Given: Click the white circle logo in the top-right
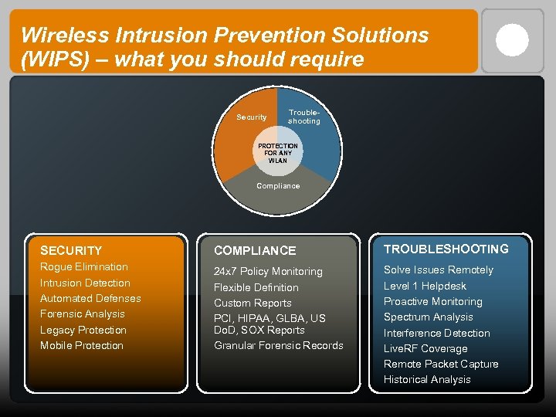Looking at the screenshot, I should click(x=512, y=40).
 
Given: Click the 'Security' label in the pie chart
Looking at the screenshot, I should click(x=251, y=117).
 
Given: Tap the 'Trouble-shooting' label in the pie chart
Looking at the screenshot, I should click(x=303, y=117).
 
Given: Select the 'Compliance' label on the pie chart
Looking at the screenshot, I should click(x=278, y=186).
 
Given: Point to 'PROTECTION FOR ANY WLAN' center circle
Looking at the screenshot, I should click(x=278, y=153).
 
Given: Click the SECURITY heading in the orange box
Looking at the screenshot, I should click(x=71, y=250).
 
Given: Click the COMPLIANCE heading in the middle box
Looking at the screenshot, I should click(x=255, y=250).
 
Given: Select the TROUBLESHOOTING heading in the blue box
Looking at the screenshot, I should click(x=446, y=249).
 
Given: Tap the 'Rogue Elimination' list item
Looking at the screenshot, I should click(x=84, y=267).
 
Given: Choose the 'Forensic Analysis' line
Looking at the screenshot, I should click(x=83, y=314).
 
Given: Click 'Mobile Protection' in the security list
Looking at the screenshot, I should click(x=82, y=346).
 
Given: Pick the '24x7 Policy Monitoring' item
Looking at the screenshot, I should click(x=268, y=272).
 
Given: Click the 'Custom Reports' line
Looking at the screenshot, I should click(x=253, y=303).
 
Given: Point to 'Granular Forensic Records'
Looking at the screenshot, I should click(x=279, y=346).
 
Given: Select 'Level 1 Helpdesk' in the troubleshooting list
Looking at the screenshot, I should click(x=425, y=286).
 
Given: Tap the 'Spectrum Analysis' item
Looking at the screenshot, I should click(x=429, y=317).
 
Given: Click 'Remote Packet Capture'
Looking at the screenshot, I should click(x=441, y=364).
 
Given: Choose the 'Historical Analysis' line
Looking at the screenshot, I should click(x=427, y=380).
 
